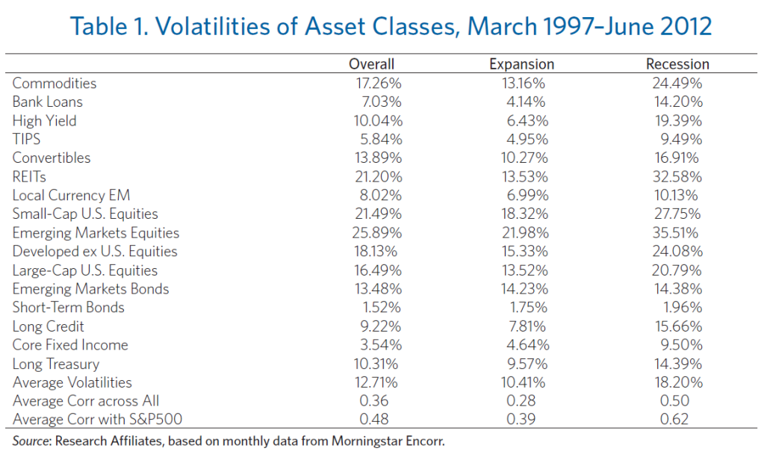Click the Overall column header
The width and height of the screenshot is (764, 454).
(x=371, y=64)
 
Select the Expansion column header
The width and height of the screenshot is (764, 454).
(x=523, y=64)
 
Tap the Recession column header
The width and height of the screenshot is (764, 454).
(x=677, y=64)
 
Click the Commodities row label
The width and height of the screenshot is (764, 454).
(x=55, y=83)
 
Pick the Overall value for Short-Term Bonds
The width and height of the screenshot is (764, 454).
(x=382, y=308)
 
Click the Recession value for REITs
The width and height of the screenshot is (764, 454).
(x=677, y=176)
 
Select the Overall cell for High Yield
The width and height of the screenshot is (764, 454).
(x=379, y=120)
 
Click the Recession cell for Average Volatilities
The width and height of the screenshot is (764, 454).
(x=677, y=382)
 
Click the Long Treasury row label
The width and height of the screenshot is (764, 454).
(x=56, y=364)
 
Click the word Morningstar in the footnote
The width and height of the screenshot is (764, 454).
(x=369, y=441)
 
